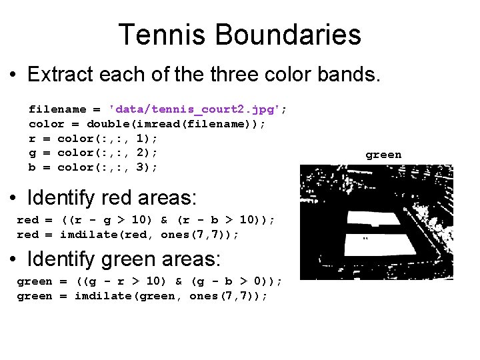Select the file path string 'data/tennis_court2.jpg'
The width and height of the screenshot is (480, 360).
pos(197,109)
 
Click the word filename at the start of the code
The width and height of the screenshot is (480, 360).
pos(57,109)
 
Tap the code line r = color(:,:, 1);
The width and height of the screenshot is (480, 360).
pos(93,139)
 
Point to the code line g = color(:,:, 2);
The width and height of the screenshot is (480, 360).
pos(93,153)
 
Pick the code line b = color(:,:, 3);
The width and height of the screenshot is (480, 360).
pos(93,167)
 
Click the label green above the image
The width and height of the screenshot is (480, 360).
pos(383,155)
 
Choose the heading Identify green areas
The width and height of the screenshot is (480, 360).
pos(125,259)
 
